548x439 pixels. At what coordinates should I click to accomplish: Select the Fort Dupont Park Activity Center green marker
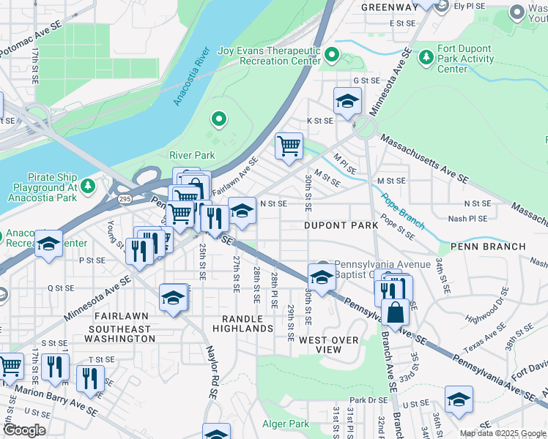pyautogui.click(x=425, y=56)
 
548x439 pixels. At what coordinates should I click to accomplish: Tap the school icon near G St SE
pyautogui.click(x=347, y=100)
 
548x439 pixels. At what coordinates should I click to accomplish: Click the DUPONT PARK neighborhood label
pyautogui.click(x=341, y=225)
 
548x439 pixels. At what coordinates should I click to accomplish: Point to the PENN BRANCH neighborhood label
pyautogui.click(x=488, y=247)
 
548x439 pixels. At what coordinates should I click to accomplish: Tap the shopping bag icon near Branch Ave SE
pyautogui.click(x=395, y=311)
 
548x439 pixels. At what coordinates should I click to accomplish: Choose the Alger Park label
pyautogui.click(x=286, y=424)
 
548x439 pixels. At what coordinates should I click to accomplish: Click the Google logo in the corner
pyautogui.click(x=24, y=430)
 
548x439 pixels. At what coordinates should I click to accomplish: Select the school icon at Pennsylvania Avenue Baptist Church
pyautogui.click(x=321, y=277)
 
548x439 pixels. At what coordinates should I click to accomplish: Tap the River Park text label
pyautogui.click(x=192, y=155)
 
